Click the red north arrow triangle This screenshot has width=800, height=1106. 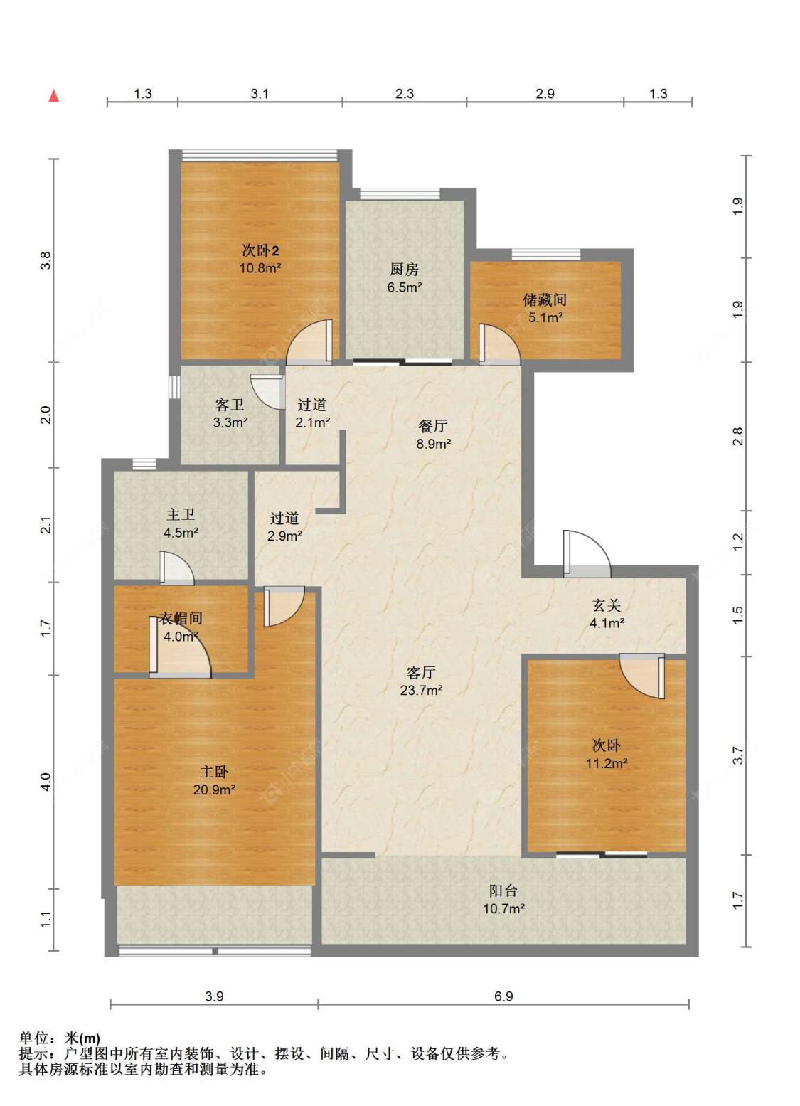click(x=54, y=96)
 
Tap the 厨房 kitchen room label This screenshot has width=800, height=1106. click(x=404, y=269)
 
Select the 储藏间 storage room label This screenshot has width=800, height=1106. click(x=545, y=299)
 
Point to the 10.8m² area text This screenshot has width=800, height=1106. click(x=260, y=268)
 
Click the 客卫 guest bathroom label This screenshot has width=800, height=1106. click(x=230, y=405)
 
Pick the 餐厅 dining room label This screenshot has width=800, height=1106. click(x=433, y=425)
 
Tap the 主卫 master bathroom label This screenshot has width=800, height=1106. click(x=181, y=514)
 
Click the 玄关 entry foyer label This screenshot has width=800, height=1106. click(x=607, y=605)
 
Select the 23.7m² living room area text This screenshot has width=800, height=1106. click(x=421, y=690)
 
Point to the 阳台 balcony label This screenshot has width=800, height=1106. click(x=503, y=890)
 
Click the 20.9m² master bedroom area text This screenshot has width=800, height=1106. click(x=214, y=789)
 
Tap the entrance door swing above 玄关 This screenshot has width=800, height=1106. click(x=587, y=554)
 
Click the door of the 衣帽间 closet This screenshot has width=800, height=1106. click(x=180, y=647)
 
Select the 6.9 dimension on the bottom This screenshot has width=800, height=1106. click(x=503, y=996)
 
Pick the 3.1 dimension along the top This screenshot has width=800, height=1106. click(x=260, y=94)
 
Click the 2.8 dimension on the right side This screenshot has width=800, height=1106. click(x=737, y=437)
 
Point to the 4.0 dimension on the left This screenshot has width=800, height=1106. click(x=46, y=782)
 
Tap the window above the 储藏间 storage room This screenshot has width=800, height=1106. click(x=546, y=255)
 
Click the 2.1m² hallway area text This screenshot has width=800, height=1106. click(x=312, y=422)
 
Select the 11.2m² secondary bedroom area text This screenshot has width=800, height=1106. click(x=607, y=763)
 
